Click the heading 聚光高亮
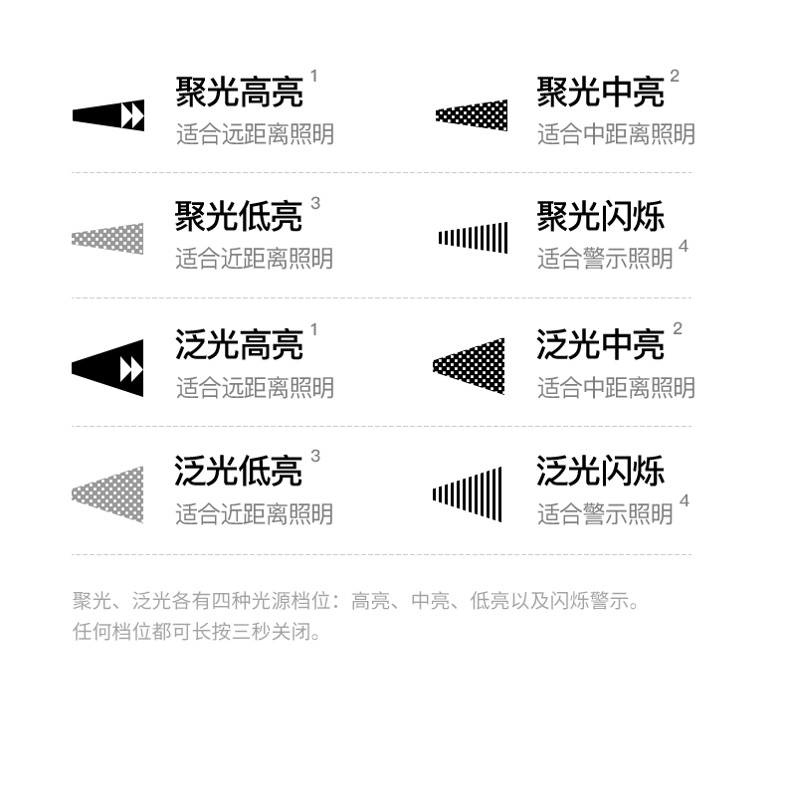coord(239,92)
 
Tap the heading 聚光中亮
coord(601,92)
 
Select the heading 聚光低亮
coord(238,217)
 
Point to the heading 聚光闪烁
coord(601,217)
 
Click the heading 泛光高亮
coord(239,344)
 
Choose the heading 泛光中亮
coord(601,344)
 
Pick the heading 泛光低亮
coord(238,471)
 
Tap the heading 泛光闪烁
coord(601,471)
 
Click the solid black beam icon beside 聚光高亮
coord(108,115)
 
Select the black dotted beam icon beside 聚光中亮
coord(472,115)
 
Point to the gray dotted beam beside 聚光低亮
coord(107,239)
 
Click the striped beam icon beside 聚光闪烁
coord(473,238)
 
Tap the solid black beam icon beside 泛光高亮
coord(107,368)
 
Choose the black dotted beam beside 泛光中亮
coord(469,366)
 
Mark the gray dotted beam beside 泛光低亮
coord(107,495)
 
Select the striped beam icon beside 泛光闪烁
coord(467,494)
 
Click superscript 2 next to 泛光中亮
coord(678,328)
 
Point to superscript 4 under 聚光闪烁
coord(683,246)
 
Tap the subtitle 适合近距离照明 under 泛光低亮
coord(255,514)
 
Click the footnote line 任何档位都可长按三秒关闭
coord(197,631)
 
